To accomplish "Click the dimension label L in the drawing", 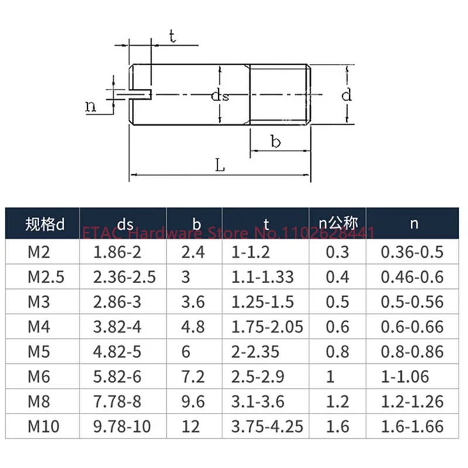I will click(220, 166).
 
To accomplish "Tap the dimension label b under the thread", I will click(276, 142).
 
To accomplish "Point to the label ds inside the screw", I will click(220, 96).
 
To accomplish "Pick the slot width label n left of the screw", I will click(90, 106).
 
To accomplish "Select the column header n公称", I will click(337, 223).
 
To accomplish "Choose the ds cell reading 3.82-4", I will click(118, 326).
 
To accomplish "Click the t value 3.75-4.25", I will click(266, 426).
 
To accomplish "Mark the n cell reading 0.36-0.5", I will click(412, 252).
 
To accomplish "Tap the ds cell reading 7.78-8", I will click(118, 401).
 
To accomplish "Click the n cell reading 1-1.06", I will click(405, 376).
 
